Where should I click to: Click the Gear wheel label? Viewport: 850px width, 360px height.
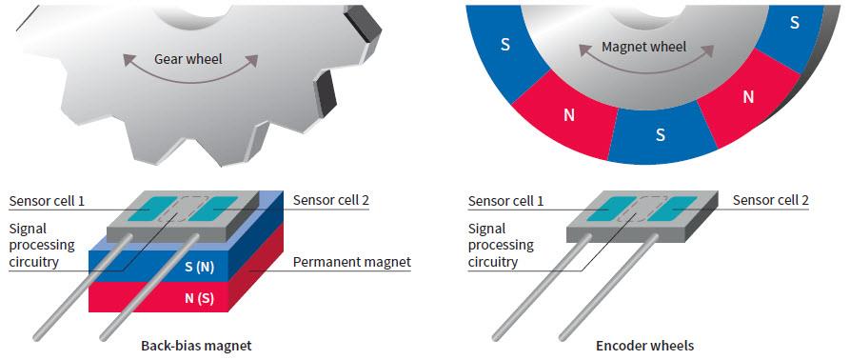click(x=188, y=59)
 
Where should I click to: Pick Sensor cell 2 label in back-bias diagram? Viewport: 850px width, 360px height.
click(x=331, y=200)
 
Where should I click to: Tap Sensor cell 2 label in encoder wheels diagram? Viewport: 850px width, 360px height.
click(x=771, y=200)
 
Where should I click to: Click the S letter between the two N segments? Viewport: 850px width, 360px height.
click(x=660, y=134)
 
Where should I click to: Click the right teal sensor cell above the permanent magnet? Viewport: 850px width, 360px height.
click(x=217, y=207)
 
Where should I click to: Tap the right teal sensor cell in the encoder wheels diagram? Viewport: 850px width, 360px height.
click(x=675, y=206)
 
